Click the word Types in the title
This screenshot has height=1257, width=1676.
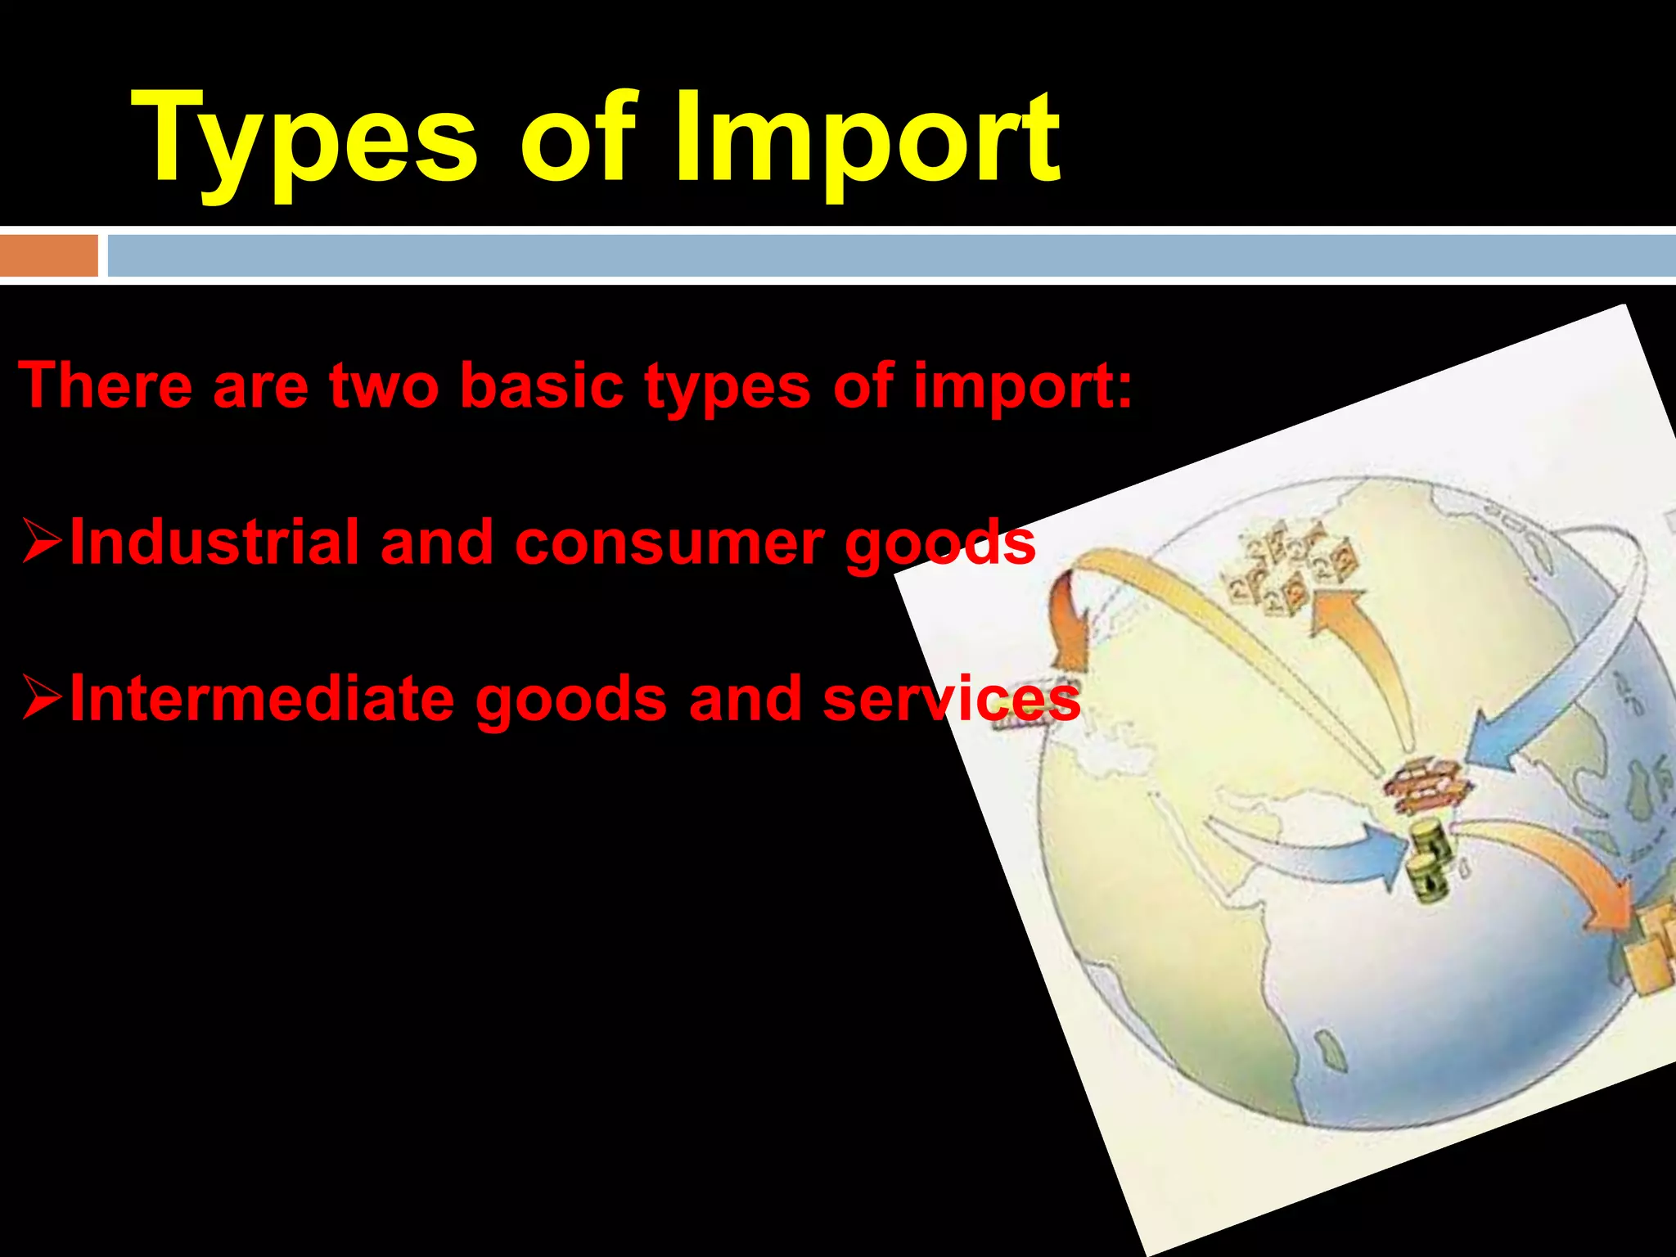pos(303,139)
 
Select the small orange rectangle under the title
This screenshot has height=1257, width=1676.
pos(48,255)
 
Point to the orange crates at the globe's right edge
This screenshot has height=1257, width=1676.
pos(1649,949)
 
